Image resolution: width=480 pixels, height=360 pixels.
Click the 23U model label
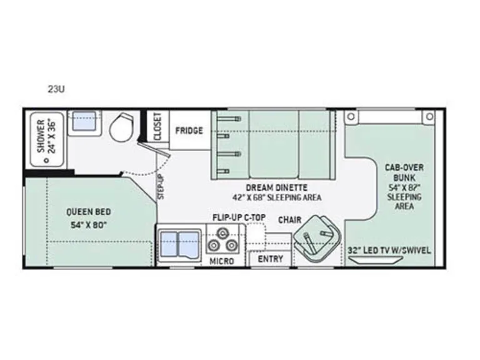click(x=56, y=89)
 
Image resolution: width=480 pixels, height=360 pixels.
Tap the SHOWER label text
click(x=41, y=136)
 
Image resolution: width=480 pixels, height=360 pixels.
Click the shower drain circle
click(x=46, y=160)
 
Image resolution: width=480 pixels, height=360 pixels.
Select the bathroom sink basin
click(x=85, y=121)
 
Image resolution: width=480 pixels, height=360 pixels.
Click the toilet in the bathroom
click(x=121, y=127)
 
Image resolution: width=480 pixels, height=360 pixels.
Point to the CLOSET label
click(x=157, y=126)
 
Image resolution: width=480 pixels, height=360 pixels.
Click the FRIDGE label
click(x=189, y=131)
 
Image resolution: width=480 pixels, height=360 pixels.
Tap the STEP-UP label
click(x=161, y=186)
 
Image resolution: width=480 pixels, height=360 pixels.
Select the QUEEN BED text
click(x=89, y=212)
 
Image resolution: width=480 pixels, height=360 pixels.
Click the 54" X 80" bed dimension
click(x=89, y=225)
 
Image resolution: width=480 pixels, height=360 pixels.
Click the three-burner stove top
click(x=222, y=240)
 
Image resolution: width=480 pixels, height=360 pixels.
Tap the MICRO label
click(x=222, y=261)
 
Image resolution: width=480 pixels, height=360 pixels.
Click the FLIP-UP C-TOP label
click(x=239, y=217)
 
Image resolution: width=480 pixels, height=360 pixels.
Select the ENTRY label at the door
click(x=270, y=259)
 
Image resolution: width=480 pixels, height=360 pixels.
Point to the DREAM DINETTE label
click(x=277, y=187)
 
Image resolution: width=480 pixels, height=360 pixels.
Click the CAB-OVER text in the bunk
click(x=404, y=167)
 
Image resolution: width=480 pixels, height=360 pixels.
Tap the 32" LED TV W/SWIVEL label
click(x=389, y=251)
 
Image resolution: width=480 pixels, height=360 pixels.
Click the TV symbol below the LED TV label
click(x=375, y=260)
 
